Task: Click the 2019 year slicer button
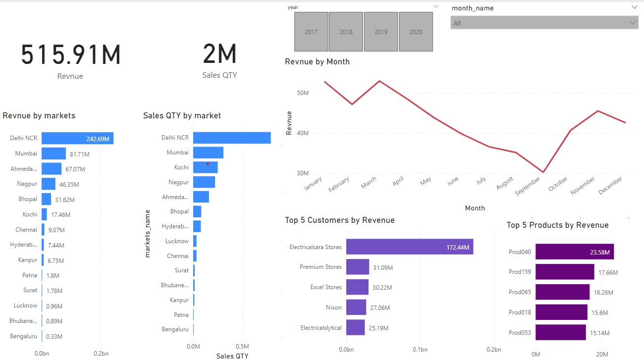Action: (381, 32)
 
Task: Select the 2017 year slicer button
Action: (311, 32)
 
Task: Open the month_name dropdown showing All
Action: (544, 23)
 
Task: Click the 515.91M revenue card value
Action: (71, 54)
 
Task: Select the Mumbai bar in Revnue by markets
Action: (54, 154)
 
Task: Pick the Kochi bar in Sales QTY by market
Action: (205, 167)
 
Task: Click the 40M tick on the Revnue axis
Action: (303, 133)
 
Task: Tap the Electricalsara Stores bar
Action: (409, 247)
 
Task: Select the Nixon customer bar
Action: (356, 308)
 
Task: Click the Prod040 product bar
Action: (574, 252)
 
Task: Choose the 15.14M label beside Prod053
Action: (599, 333)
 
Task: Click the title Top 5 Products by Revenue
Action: (557, 225)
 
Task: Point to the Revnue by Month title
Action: (317, 62)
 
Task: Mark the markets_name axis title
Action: (147, 233)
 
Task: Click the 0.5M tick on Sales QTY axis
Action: (242, 347)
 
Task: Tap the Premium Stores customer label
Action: (321, 267)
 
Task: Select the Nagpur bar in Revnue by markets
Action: (49, 184)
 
